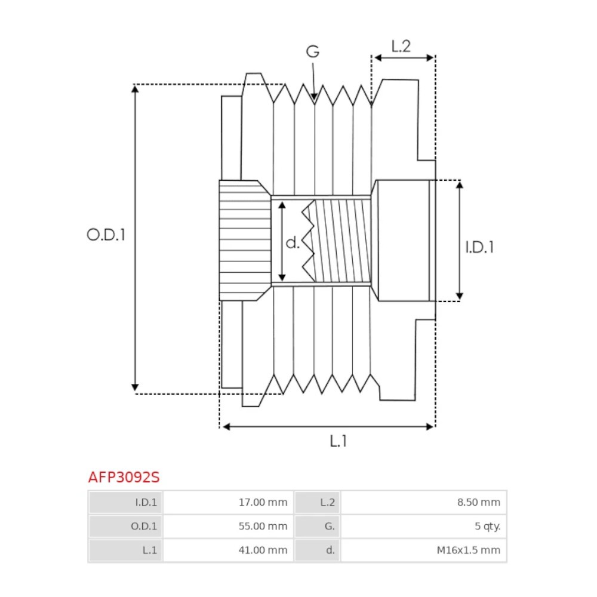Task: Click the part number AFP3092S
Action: (x=124, y=478)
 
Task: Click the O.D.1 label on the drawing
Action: (x=106, y=235)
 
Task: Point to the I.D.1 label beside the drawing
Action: (x=479, y=247)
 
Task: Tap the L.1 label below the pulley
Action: (x=338, y=441)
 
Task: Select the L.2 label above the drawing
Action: (x=401, y=46)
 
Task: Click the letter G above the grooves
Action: (x=313, y=52)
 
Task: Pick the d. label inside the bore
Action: (x=292, y=242)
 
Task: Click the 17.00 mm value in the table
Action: (x=263, y=503)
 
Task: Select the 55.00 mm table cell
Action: (x=263, y=527)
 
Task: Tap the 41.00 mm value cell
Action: (x=263, y=550)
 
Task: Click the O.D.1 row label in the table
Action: (x=145, y=527)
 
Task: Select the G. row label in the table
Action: (x=330, y=527)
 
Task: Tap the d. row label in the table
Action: (x=330, y=550)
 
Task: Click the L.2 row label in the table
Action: (x=328, y=503)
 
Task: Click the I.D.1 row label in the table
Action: (x=146, y=503)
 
